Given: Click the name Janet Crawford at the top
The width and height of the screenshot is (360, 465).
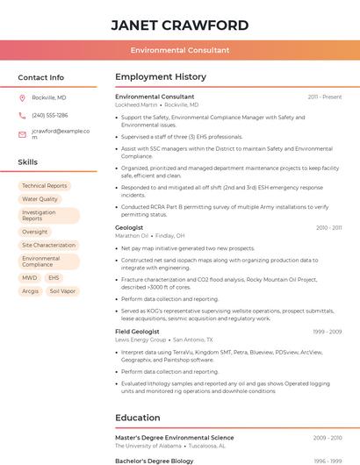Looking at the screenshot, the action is (179, 25).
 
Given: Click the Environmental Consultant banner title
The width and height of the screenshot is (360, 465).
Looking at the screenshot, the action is (179, 51).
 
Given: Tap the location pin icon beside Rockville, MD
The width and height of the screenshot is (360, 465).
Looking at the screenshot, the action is (22, 97).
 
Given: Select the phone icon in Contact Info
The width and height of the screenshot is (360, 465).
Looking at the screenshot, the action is (22, 115).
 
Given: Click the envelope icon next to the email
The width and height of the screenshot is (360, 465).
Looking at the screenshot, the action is (22, 134).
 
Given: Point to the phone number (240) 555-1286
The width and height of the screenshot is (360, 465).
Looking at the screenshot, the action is (50, 115).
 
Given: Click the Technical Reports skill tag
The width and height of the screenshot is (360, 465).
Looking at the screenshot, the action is (45, 186).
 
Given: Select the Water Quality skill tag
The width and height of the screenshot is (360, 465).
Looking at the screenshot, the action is (40, 199).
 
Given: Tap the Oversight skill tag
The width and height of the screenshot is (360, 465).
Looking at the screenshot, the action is (35, 232).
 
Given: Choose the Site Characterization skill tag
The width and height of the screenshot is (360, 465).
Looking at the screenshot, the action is (49, 245).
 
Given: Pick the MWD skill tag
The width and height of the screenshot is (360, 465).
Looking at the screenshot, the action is (30, 277).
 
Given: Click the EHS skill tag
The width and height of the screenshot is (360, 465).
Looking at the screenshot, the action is (54, 277).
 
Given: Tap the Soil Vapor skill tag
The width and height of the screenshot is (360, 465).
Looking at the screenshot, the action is (62, 290).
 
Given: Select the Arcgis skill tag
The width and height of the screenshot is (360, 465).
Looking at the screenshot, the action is (30, 290).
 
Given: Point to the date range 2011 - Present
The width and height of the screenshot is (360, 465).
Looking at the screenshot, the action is (325, 97).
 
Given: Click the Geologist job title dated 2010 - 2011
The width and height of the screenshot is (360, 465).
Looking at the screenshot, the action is (129, 227).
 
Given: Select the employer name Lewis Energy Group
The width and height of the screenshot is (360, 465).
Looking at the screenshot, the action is (140, 340).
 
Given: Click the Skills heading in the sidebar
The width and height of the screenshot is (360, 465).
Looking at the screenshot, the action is (28, 162).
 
